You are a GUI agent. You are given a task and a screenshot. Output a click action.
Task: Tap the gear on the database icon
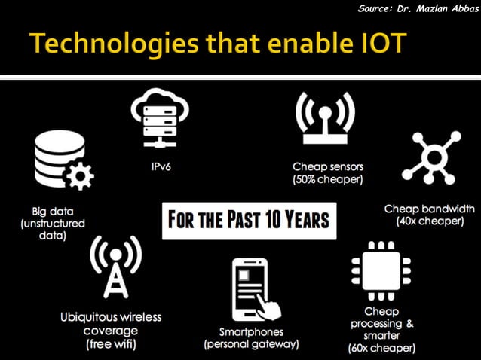pyautogui.click(x=80, y=177)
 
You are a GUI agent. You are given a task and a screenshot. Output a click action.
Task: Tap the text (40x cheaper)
pyautogui.click(x=430, y=221)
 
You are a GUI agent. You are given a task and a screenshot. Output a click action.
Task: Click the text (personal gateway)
pyautogui.click(x=252, y=344)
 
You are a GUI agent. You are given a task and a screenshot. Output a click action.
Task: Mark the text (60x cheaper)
pyautogui.click(x=381, y=348)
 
